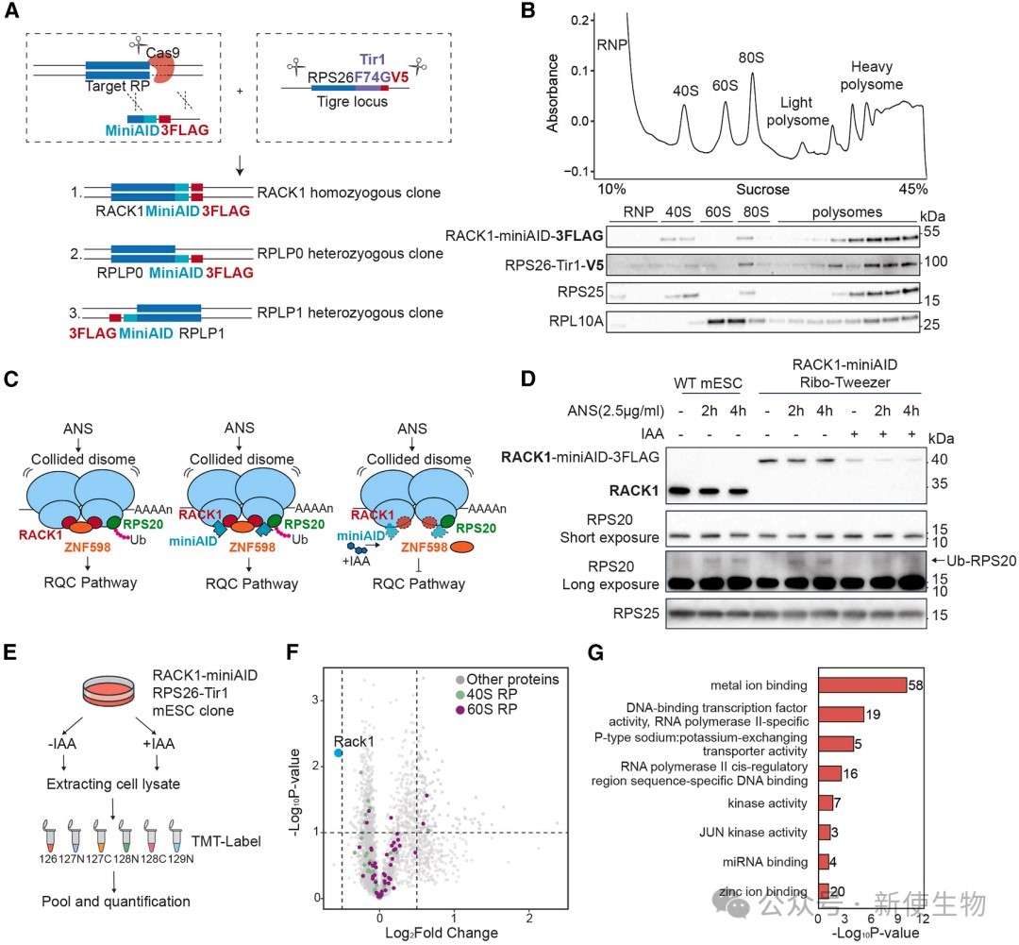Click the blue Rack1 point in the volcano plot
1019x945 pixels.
338,752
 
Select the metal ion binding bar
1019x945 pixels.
862,684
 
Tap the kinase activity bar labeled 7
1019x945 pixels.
826,802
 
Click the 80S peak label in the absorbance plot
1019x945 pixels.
751,58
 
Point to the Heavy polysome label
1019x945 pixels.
872,76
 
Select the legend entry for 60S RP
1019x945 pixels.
487,709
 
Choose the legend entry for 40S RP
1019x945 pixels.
487,694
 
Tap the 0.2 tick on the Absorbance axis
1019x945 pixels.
579,20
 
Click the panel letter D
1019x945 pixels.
528,379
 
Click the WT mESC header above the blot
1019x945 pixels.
708,383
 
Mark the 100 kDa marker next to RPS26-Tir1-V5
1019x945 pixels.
936,262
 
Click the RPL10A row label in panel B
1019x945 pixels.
576,320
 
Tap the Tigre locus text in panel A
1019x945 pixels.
352,101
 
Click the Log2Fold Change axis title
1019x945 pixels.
442,933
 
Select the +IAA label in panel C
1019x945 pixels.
356,561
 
